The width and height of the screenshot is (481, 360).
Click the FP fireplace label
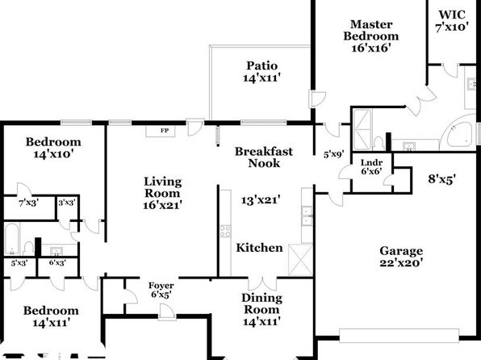(x=165, y=131)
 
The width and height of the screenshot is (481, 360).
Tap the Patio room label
(x=262, y=65)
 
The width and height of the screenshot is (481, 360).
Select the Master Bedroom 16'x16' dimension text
(x=371, y=48)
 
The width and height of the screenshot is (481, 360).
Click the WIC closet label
(x=452, y=15)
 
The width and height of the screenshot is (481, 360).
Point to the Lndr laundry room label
(x=371, y=163)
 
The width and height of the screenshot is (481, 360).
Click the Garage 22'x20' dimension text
(x=402, y=263)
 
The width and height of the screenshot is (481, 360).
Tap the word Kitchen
(x=259, y=248)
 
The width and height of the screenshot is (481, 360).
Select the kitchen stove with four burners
(x=225, y=232)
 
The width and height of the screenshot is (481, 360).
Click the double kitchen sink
(x=307, y=216)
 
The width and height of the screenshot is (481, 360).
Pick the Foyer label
(x=161, y=286)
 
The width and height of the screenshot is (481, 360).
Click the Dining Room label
(x=261, y=303)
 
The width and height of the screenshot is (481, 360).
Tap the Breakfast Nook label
(x=264, y=157)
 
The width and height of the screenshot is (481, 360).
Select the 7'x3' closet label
(x=28, y=203)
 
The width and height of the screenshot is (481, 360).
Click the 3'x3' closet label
(x=67, y=203)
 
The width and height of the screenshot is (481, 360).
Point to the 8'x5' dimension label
(x=441, y=178)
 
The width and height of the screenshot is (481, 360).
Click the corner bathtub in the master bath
(x=459, y=134)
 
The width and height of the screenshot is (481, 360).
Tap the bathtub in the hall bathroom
(x=12, y=239)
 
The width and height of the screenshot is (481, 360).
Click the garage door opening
(x=399, y=336)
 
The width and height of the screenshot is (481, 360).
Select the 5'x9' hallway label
(x=334, y=154)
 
